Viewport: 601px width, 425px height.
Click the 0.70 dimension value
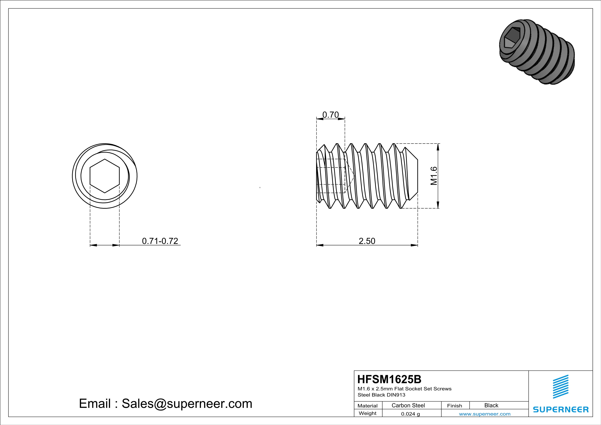330,115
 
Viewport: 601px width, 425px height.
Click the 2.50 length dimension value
367,241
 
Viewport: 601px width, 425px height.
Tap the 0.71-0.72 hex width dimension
160,241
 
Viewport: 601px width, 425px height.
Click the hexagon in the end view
105,176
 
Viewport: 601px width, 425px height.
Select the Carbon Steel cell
408,405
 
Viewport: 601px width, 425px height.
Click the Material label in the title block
368,406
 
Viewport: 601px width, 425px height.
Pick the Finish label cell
454,406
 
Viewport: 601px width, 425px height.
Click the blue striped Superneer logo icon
560,387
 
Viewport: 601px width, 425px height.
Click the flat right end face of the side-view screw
417,176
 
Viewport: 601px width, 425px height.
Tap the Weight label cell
368,413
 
